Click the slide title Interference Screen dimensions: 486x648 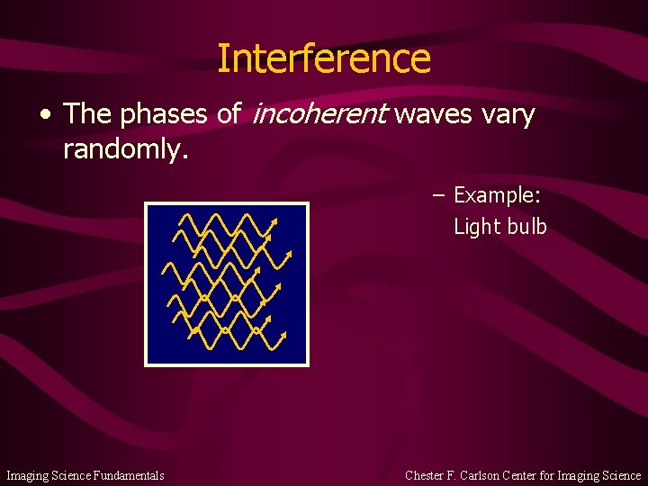324,58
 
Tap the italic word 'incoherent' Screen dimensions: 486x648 321,114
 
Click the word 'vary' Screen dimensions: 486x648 508,115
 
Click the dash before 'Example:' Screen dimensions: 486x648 438,195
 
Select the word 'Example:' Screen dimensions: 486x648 497,195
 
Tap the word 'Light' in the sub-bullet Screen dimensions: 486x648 476,226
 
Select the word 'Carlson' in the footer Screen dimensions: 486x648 483,475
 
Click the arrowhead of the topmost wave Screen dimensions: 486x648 274,221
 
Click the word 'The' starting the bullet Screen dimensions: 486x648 87,115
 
